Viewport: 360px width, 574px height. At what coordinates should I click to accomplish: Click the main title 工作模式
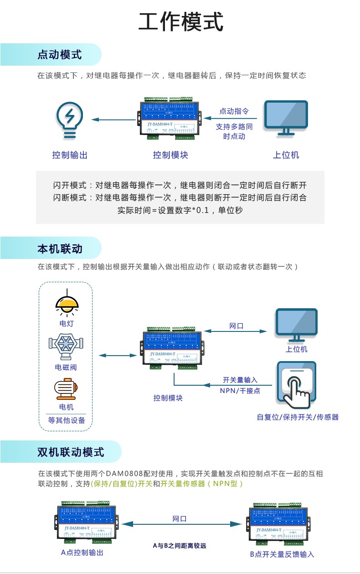(180, 22)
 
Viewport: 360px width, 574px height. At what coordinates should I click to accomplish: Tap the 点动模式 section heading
(59, 55)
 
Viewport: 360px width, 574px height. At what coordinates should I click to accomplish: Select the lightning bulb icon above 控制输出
(69, 119)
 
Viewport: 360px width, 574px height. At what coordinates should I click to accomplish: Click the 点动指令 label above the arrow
(234, 111)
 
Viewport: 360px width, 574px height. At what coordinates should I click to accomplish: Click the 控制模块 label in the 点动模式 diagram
(170, 155)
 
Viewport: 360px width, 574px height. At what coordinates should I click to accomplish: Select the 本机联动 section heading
(59, 248)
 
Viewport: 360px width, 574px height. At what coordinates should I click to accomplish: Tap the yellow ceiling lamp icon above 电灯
(67, 304)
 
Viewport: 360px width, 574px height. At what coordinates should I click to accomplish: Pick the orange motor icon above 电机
(66, 388)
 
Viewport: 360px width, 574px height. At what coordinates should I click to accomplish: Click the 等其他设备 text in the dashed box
(67, 420)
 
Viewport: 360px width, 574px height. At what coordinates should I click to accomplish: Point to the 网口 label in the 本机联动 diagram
(236, 326)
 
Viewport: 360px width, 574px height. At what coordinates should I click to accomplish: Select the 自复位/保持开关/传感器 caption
(298, 417)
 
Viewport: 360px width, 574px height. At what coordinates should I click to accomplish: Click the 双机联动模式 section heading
(71, 452)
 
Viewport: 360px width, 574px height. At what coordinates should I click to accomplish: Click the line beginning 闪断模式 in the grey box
(180, 197)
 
